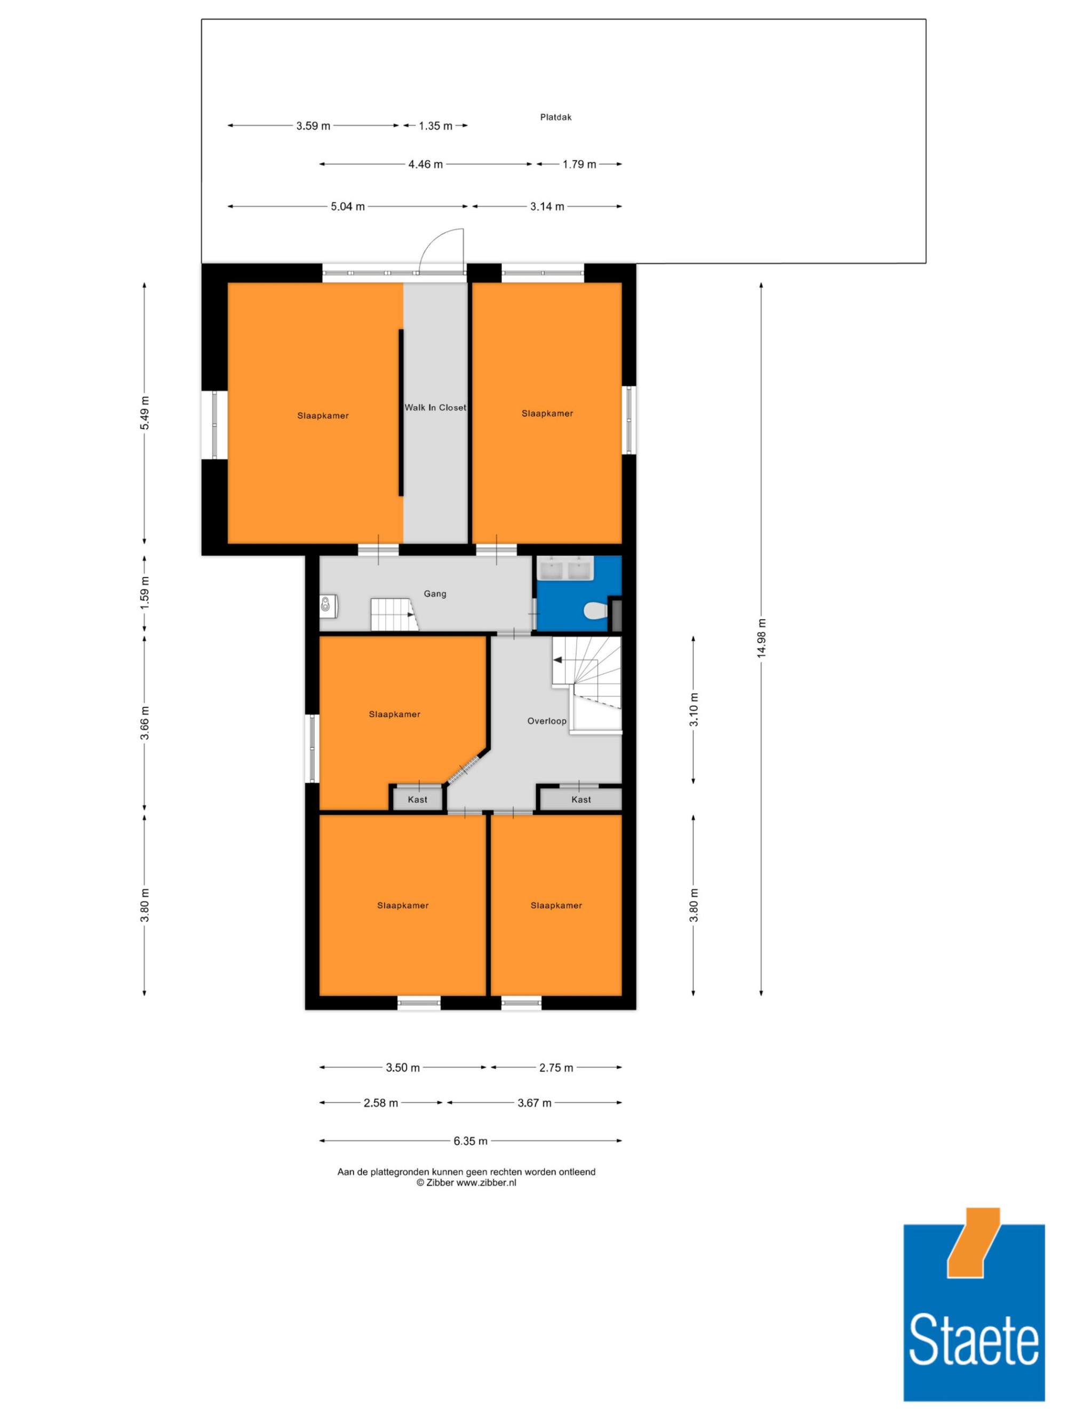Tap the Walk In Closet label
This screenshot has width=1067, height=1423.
click(x=435, y=407)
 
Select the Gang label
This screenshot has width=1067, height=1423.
click(x=435, y=594)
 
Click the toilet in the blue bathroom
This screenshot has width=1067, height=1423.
click(x=595, y=610)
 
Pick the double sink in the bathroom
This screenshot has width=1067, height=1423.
click(x=566, y=568)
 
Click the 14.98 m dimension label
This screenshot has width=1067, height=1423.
click(x=761, y=638)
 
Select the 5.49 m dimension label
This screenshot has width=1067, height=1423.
click(x=145, y=414)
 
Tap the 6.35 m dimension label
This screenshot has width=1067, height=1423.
click(x=470, y=1141)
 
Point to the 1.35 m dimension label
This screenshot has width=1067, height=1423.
click(x=435, y=126)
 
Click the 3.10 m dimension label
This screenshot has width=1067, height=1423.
click(x=694, y=710)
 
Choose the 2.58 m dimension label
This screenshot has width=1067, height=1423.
click(x=381, y=1103)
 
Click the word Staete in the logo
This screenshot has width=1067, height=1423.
click(x=973, y=1339)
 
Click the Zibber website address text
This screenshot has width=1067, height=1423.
click(x=486, y=1182)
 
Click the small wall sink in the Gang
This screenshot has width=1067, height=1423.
click(x=328, y=606)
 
